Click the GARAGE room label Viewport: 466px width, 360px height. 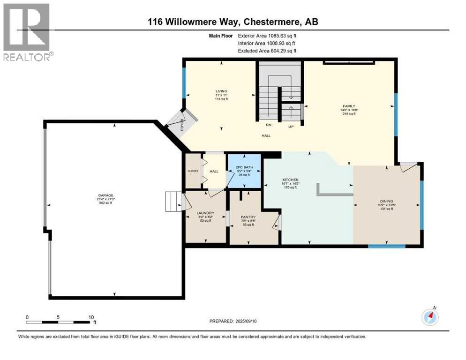point(105,195)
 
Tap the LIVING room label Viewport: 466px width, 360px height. point(221,91)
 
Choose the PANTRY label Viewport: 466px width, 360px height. point(247,217)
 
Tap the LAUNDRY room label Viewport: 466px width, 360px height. point(206,213)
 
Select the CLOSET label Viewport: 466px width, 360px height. point(193,171)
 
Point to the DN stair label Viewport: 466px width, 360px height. point(268,125)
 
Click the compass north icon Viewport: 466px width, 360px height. point(430,317)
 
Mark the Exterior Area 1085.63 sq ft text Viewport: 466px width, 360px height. point(267,36)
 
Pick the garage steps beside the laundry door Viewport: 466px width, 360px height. point(173,201)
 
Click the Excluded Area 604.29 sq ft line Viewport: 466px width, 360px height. point(267,51)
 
